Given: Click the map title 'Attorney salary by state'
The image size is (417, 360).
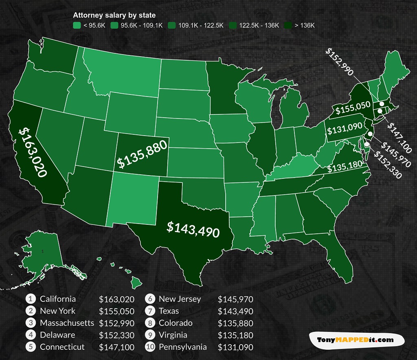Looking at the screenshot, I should click(114, 15).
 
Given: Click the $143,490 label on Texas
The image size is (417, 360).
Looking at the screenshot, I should click(193, 230).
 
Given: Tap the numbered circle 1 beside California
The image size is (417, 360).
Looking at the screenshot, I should click(31, 299).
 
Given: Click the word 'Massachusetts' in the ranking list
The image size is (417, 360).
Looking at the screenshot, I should click(67, 323).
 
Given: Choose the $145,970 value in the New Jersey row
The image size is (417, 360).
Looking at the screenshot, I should click(235, 299).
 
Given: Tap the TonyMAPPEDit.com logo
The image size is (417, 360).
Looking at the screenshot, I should click(355, 339).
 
